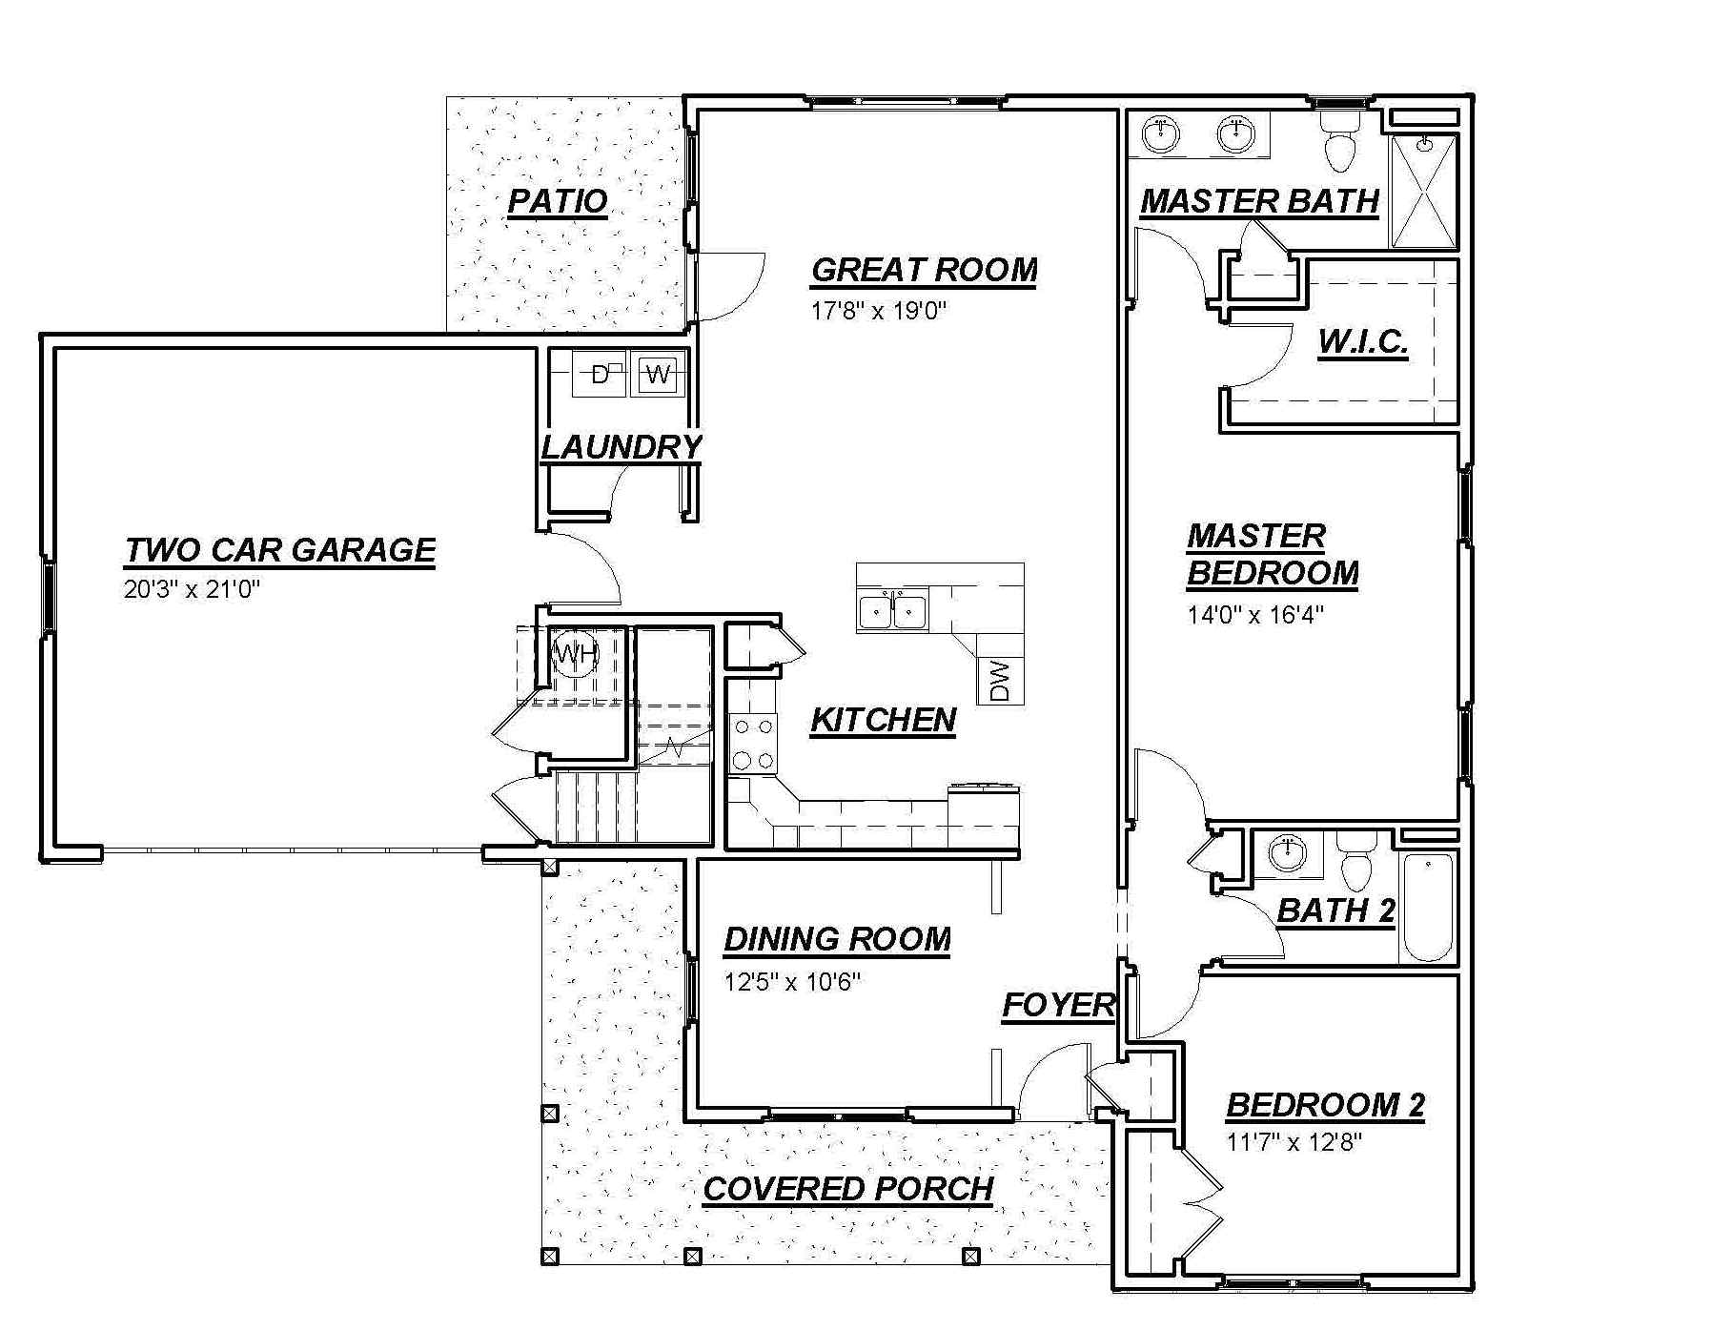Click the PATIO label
click(x=558, y=201)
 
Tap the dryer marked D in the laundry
click(x=599, y=374)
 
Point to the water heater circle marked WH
click(x=576, y=654)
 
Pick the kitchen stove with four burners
click(x=753, y=744)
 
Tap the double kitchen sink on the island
click(x=894, y=610)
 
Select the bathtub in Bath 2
click(x=1427, y=908)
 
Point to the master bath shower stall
click(x=1424, y=192)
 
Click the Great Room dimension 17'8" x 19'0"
click(x=878, y=311)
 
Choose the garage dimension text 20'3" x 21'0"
click(x=192, y=589)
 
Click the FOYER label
click(x=1058, y=1005)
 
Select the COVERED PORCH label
click(x=848, y=1189)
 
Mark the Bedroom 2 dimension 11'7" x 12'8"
click(x=1294, y=1141)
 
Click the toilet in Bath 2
click(x=1355, y=861)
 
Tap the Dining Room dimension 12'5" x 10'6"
click(x=791, y=981)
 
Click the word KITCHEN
click(x=883, y=720)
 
